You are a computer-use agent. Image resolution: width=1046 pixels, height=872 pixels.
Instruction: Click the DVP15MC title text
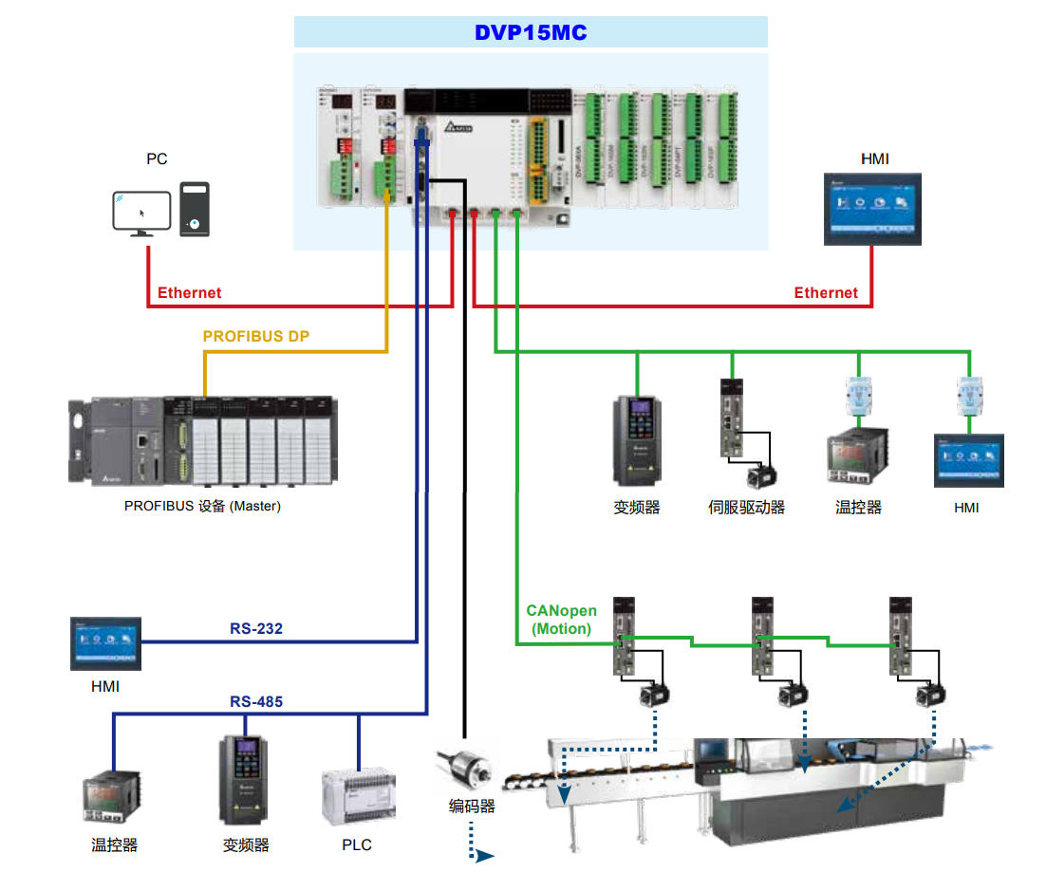click(x=531, y=33)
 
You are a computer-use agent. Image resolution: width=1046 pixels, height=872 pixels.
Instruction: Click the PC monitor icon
click(x=141, y=213)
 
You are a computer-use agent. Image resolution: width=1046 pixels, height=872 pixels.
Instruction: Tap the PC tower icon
click(x=195, y=210)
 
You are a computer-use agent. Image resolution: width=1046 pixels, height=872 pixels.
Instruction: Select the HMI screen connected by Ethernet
click(x=872, y=210)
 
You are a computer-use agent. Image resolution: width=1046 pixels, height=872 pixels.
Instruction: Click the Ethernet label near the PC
click(x=189, y=292)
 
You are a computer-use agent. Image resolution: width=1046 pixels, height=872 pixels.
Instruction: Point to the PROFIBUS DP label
click(x=256, y=336)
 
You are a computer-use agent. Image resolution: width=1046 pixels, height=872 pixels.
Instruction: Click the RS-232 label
click(x=256, y=628)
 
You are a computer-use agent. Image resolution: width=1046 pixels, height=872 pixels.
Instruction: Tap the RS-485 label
click(x=256, y=702)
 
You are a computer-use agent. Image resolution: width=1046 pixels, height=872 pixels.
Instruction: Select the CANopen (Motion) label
click(x=561, y=620)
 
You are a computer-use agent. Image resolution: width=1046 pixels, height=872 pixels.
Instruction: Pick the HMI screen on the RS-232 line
click(x=105, y=643)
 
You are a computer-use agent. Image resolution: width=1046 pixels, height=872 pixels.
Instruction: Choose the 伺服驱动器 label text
click(x=747, y=508)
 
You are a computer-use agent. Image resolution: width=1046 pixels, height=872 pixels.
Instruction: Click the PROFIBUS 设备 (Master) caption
click(x=202, y=506)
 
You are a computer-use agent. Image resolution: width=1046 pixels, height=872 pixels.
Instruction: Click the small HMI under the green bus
click(x=968, y=460)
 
